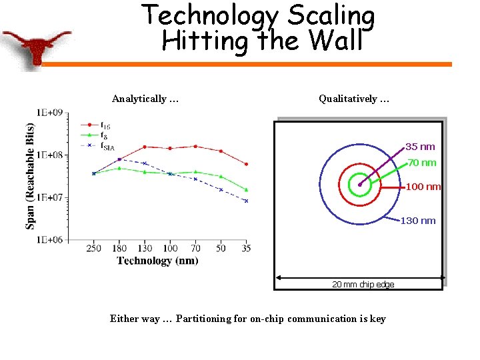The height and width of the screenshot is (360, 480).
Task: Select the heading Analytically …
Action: point(145,99)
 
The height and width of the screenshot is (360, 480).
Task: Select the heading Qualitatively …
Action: point(354,99)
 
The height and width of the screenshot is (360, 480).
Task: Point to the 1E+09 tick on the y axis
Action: point(50,113)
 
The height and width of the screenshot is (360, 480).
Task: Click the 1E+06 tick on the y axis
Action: point(50,239)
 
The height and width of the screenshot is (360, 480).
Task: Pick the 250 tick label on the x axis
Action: point(93,249)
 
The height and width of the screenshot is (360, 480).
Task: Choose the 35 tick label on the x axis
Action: point(246,249)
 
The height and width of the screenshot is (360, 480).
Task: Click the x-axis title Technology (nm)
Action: point(157,261)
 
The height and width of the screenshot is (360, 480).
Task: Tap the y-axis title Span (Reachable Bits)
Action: point(31,176)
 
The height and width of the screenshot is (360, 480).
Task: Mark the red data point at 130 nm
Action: point(144,147)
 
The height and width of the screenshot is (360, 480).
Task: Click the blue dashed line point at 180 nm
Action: point(119,159)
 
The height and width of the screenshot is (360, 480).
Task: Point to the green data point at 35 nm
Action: point(246,189)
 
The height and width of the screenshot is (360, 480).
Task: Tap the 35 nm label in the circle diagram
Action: point(420,147)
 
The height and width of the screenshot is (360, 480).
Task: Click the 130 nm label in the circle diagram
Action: point(417,221)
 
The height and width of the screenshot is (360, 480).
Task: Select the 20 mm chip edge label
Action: point(363,285)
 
